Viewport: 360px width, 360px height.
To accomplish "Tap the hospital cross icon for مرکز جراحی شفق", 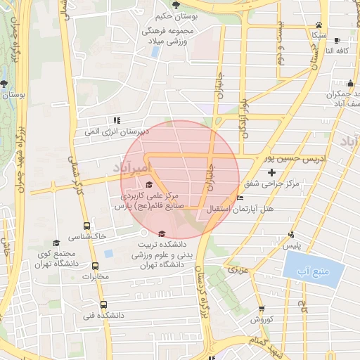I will (x=272, y=172).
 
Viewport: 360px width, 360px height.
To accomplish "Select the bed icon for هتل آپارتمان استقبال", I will (x=240, y=198).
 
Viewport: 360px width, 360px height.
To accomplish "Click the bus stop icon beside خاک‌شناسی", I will (x=86, y=226).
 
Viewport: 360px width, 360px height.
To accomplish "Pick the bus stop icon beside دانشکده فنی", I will (x=103, y=305).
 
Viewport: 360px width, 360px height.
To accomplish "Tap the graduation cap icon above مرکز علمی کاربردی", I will (x=148, y=184).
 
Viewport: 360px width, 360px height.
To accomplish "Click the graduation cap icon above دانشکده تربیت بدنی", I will (x=162, y=234).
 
